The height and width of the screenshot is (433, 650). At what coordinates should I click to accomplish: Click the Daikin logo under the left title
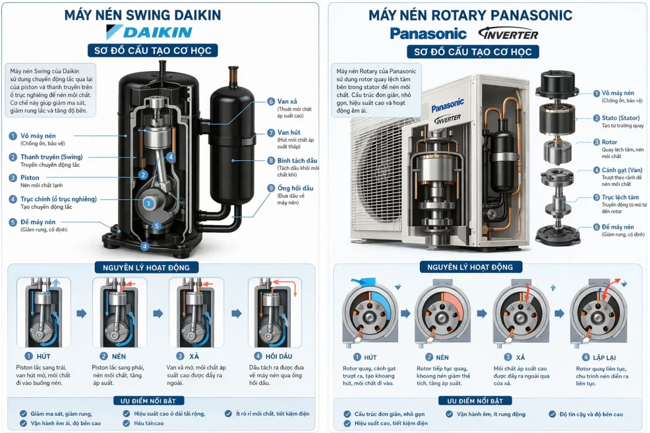[149, 32]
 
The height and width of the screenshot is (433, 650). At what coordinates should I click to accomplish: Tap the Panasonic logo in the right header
[428, 34]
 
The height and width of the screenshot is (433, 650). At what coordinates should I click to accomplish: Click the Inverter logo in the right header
[508, 34]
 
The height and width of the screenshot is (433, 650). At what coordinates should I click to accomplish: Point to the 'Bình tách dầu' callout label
[297, 161]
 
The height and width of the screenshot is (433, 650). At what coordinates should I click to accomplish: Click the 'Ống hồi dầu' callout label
[295, 188]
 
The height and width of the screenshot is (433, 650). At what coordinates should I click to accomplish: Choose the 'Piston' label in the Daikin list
[30, 178]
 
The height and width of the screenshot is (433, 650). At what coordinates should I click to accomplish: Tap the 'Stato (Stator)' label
[620, 118]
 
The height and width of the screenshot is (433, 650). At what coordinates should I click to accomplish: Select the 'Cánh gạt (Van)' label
[622, 170]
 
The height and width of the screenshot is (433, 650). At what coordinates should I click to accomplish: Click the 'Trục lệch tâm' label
[620, 198]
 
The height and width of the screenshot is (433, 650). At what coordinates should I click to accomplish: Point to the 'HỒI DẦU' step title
[278, 356]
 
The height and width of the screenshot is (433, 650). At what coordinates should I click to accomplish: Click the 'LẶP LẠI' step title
[604, 357]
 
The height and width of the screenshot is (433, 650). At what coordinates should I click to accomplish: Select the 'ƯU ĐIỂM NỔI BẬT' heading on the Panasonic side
[474, 401]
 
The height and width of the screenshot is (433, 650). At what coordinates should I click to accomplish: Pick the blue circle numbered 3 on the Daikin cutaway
[148, 203]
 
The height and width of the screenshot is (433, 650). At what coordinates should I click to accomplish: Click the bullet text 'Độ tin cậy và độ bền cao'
[591, 414]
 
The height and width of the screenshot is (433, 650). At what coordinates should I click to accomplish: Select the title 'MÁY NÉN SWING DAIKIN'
[142, 15]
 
